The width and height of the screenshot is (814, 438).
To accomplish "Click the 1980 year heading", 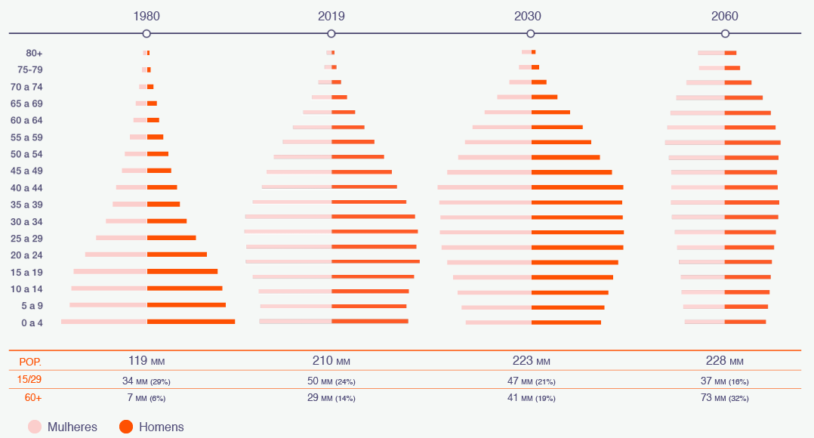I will coord(146,16).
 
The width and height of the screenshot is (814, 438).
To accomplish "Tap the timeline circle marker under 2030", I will coord(531,33).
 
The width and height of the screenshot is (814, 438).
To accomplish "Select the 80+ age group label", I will coord(34,53).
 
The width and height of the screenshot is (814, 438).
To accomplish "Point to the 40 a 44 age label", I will coord(27,187).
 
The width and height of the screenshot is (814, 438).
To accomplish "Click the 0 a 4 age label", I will coord(32,323).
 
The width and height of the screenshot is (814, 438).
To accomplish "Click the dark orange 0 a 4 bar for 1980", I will coord(191,322).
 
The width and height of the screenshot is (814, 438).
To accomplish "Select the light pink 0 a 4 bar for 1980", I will coord(104,322).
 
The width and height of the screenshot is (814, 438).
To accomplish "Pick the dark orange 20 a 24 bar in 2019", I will coord(375,261).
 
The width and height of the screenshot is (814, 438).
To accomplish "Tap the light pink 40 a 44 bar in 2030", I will coord(484,187).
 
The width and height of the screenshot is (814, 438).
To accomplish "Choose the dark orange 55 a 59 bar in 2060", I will coord(752,142).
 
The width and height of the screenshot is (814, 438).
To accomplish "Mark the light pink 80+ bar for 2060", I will coord(711,53).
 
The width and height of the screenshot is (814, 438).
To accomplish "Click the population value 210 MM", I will coord(331,360).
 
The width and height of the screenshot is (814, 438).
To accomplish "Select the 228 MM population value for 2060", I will coord(724,360).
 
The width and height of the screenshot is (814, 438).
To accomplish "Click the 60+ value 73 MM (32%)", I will coord(724,398).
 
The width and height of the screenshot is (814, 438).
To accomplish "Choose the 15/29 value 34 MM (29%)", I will coord(146,381).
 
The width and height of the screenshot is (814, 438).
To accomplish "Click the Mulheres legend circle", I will coord(35,427).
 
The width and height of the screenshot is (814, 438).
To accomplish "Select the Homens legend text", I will coord(161,427).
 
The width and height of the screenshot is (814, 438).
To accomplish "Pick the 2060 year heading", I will coord(724,16).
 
